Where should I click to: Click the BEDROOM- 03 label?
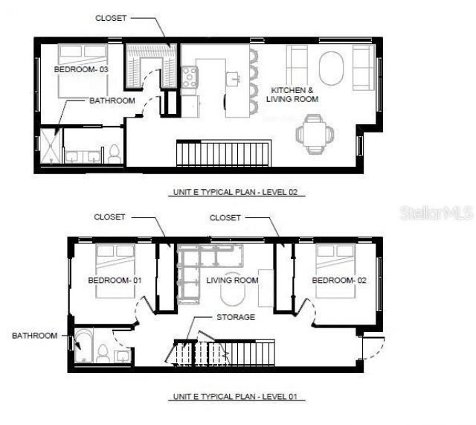pos(81,70)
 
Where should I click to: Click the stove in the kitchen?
pos(189,77)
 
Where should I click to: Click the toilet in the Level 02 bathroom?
pos(115,155)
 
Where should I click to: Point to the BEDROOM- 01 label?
pos(115,281)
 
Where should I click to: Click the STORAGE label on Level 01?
pos(236,317)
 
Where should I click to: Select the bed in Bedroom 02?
pos(337,269)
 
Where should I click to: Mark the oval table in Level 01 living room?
pos(235,295)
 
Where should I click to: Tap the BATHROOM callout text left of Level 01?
pos(34,336)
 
